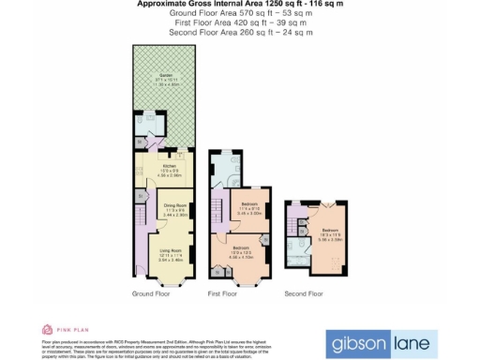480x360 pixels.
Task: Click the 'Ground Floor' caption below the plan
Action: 149,294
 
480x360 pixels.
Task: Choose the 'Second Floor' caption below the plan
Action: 305,294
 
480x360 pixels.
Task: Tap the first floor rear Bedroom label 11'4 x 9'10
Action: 248,203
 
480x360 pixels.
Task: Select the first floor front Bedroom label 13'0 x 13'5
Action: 241,247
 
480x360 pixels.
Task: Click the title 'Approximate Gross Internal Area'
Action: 240,5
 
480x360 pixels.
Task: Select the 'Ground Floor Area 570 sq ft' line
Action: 240,14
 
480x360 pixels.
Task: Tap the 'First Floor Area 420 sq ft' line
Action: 240,23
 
